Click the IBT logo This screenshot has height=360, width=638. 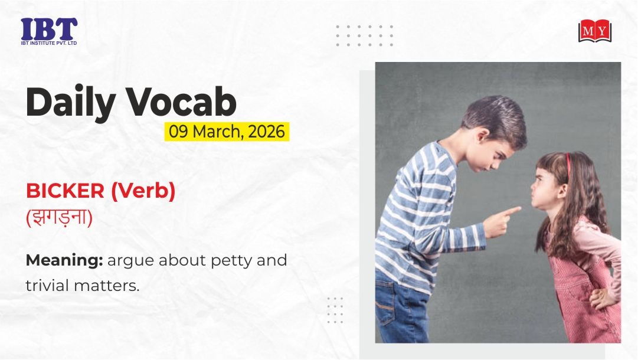click(49, 31)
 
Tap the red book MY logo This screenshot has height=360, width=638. click(595, 31)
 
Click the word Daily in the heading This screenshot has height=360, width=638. click(70, 103)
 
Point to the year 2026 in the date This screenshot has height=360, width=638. click(266, 132)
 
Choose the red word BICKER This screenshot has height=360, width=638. click(65, 191)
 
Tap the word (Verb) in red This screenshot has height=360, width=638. click(143, 191)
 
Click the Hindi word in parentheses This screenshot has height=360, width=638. click(60, 218)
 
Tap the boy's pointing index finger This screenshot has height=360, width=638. click(511, 211)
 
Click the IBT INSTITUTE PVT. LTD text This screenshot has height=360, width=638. click(49, 43)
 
